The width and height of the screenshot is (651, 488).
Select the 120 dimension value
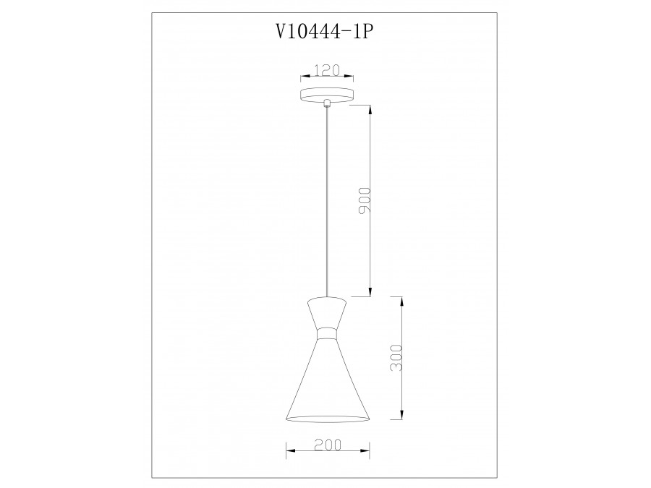tap(326, 71)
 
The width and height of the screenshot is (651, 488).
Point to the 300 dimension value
tap(395, 359)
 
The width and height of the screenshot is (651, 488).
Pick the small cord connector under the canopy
tap(328, 103)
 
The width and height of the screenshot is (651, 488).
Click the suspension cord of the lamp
tap(328, 202)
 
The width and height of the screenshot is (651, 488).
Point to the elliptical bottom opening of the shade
tap(328, 420)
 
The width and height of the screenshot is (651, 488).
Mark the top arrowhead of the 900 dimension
tap(370, 109)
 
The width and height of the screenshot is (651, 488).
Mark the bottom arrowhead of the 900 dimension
tap(370, 292)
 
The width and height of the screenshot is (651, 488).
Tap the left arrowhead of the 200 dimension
tap(291, 451)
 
